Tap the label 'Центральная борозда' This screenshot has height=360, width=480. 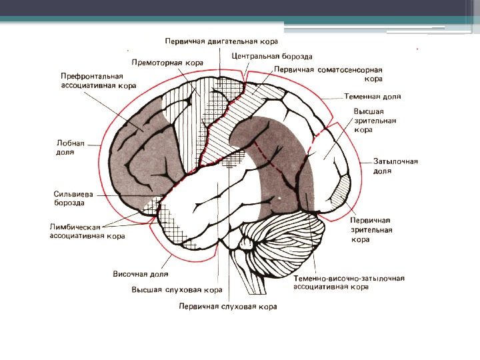pyautogui.click(x=272, y=57)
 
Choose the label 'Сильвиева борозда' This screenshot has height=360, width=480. pyautogui.click(x=73, y=198)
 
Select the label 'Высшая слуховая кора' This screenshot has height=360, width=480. pyautogui.click(x=177, y=290)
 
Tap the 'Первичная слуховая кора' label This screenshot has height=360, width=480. pyautogui.click(x=227, y=307)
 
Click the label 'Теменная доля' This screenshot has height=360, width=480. pyautogui.click(x=373, y=97)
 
